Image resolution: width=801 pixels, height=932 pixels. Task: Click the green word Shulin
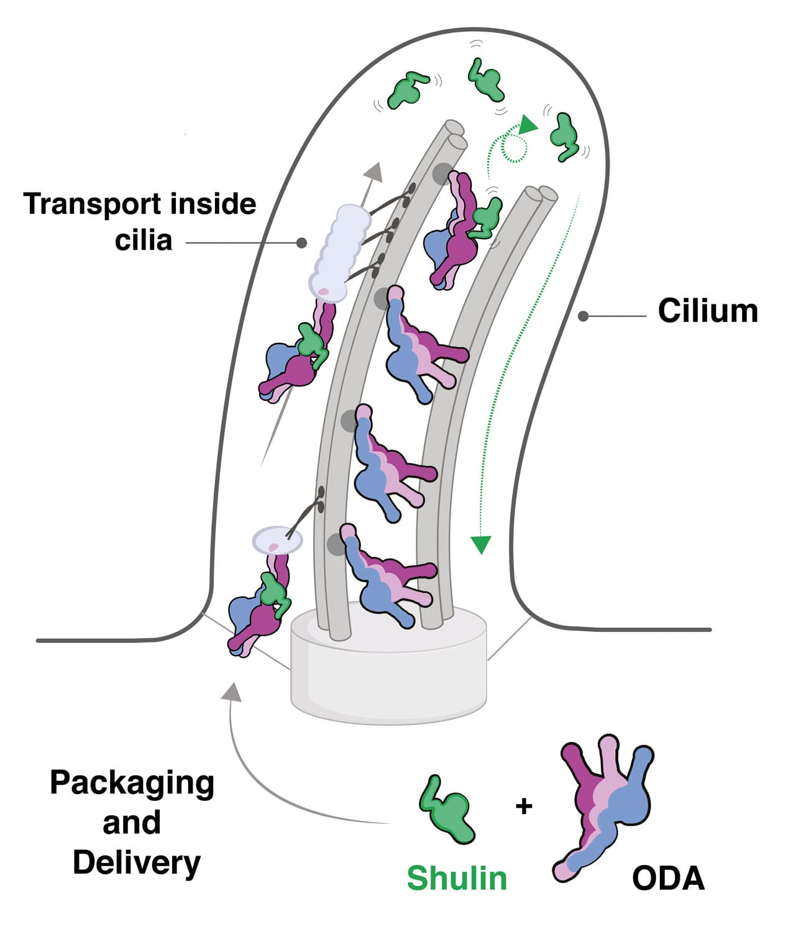[457, 878]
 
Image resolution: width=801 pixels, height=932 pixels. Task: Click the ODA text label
[668, 878]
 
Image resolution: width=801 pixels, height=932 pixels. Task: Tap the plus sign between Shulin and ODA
[524, 806]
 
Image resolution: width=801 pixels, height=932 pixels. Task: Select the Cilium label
[708, 311]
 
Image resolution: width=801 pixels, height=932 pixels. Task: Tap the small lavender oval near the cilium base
[277, 541]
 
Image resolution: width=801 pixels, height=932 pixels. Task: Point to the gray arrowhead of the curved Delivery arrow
[232, 692]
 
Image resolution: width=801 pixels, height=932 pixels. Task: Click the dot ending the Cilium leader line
[583, 316]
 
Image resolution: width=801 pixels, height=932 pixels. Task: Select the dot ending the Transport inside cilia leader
[301, 243]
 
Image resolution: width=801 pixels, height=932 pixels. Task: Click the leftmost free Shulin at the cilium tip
[407, 89]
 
